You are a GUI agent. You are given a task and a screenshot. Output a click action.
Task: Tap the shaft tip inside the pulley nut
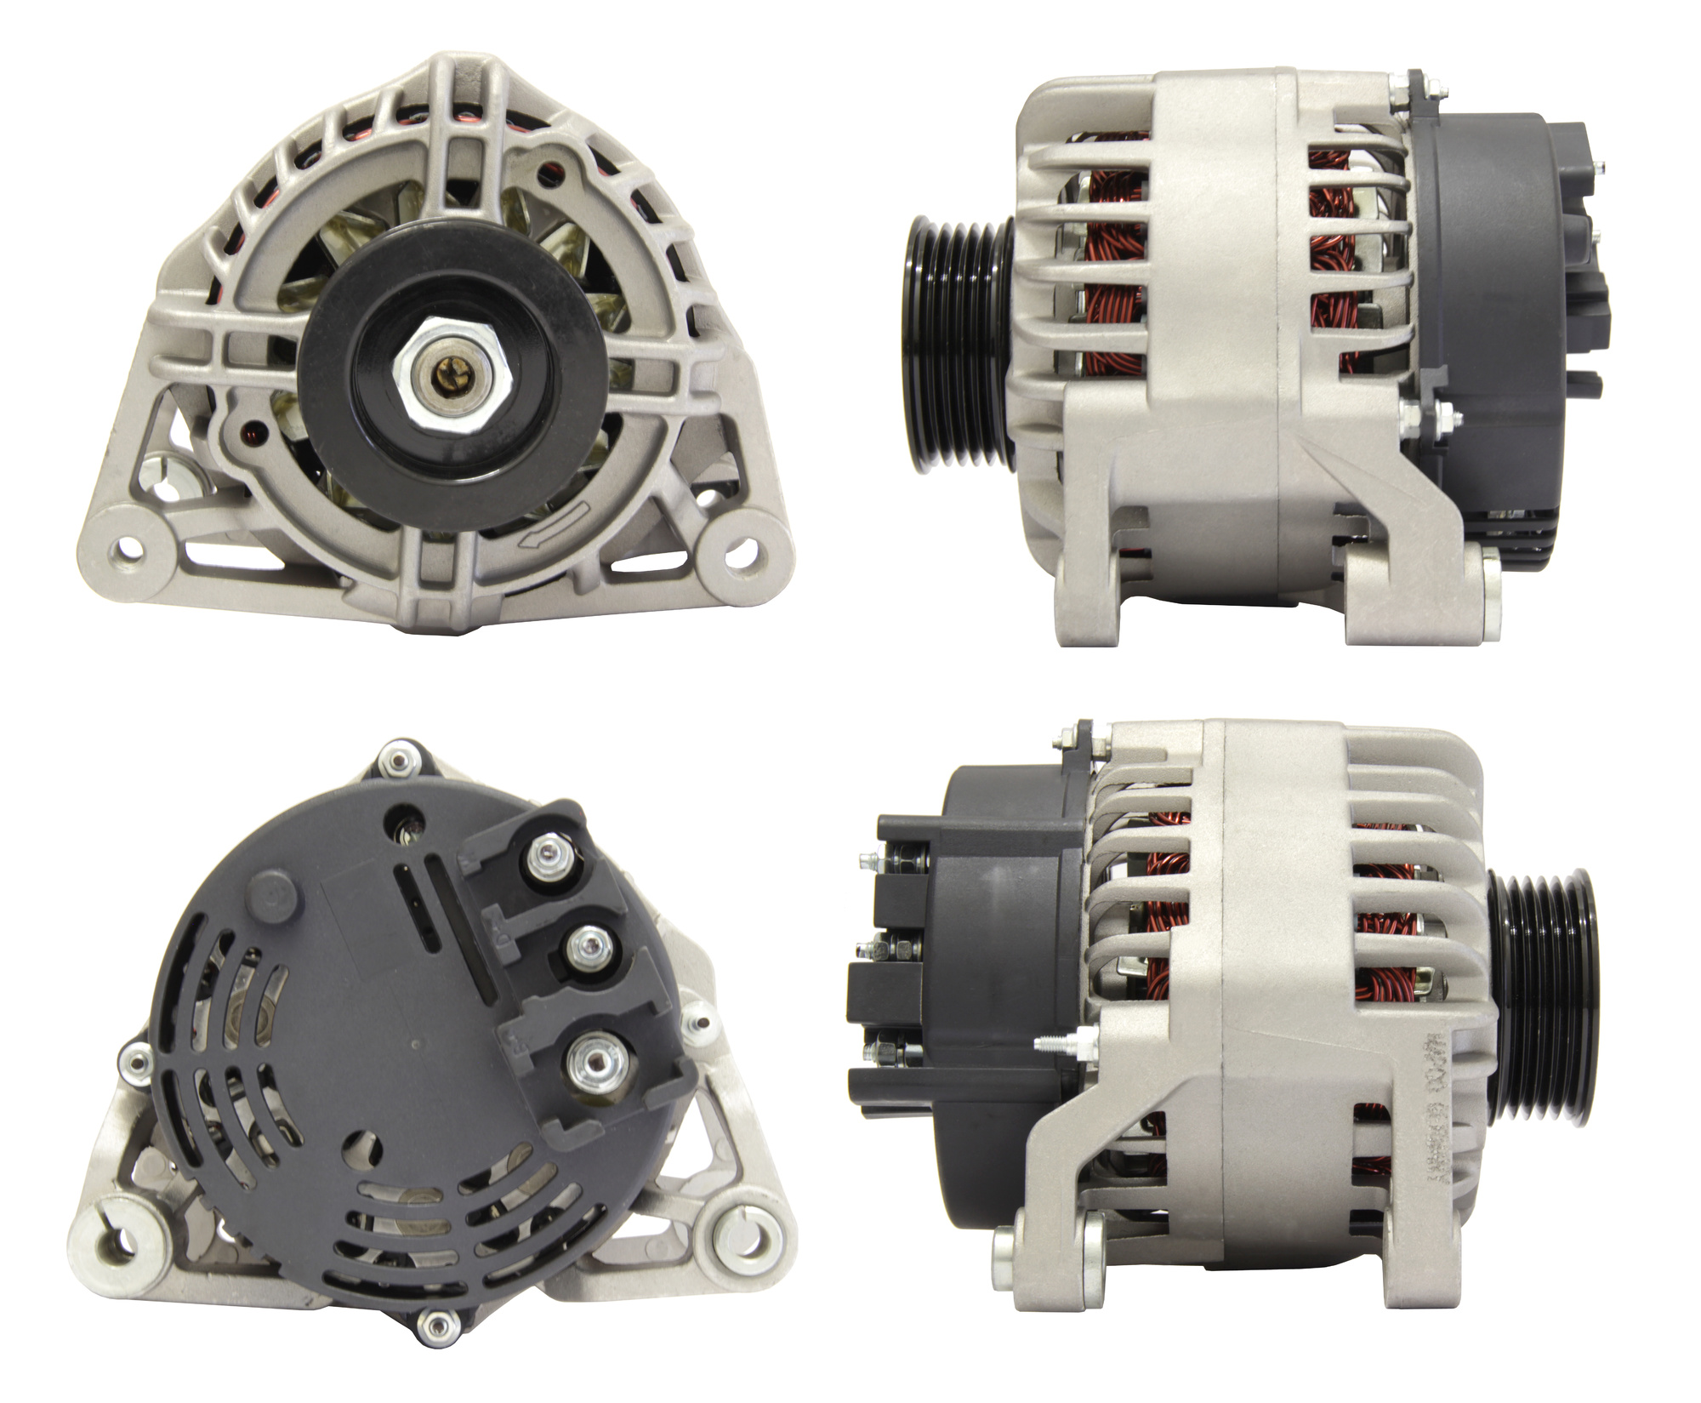449,372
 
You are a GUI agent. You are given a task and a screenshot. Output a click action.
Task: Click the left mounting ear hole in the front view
130,545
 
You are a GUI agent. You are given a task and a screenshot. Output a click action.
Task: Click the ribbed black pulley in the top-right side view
957,343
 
